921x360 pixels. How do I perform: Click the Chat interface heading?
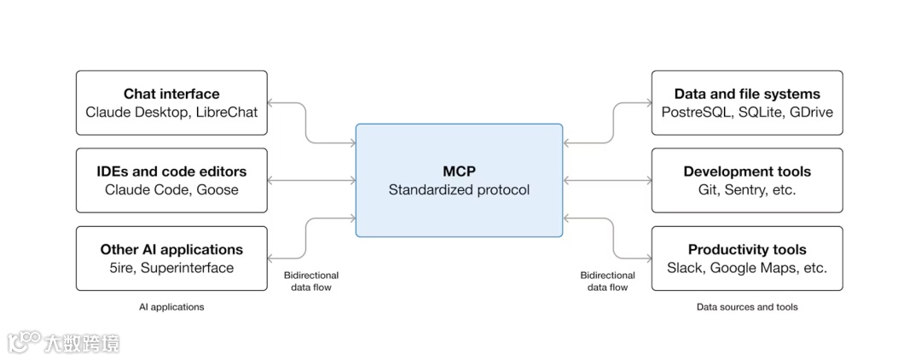click(171, 94)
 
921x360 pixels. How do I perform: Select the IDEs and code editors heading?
click(171, 171)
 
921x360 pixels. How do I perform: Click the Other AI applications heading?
click(171, 250)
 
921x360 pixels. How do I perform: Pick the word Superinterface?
click(187, 268)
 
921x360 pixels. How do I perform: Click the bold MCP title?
click(459, 171)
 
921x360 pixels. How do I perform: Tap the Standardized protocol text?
click(459, 189)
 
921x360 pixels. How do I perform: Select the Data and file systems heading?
click(747, 94)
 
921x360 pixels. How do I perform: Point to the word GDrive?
click(811, 112)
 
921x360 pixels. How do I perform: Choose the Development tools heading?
click(747, 171)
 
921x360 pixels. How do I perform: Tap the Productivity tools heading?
click(747, 250)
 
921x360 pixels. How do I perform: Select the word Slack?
click(685, 268)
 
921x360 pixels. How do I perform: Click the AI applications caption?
click(171, 306)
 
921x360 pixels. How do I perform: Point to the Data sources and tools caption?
click(747, 306)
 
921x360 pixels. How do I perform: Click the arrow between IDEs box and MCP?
click(311, 180)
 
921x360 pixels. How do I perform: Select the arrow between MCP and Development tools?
click(606, 180)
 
